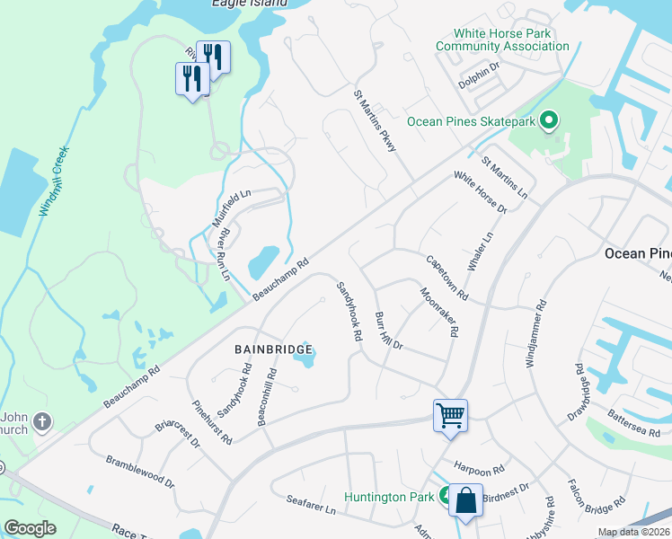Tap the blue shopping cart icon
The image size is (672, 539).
pyautogui.click(x=450, y=415)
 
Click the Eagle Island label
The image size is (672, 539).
pyautogui.click(x=249, y=4)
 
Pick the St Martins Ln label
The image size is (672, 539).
pyautogui.click(x=504, y=178)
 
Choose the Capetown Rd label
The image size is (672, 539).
pyautogui.click(x=447, y=277)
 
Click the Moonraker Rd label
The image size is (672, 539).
pyautogui.click(x=439, y=311)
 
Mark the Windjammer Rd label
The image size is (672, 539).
pyautogui.click(x=537, y=335)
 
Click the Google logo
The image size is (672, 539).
pyautogui.click(x=30, y=528)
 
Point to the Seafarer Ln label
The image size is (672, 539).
pyautogui.click(x=310, y=505)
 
